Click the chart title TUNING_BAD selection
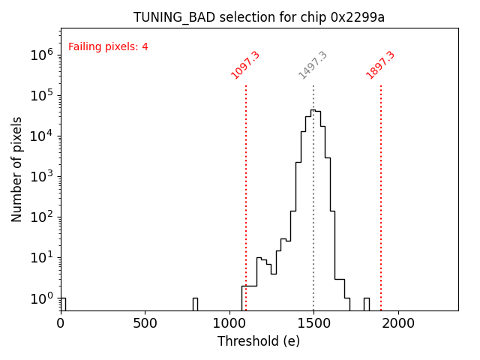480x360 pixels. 259,17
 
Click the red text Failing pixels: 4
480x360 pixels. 108,46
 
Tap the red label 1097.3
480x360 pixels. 245,64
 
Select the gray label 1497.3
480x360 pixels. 313,64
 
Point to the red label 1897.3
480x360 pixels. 380,64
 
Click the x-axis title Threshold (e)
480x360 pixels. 259,341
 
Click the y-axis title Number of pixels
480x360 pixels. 17,169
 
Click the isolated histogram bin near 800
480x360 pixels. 195,303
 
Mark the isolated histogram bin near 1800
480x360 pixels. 366,303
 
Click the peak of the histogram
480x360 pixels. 313,110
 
